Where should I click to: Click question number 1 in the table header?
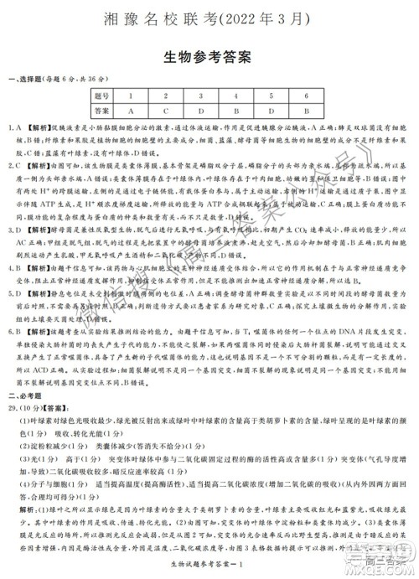coord(132,96)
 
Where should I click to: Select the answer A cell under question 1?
coord(132,111)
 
